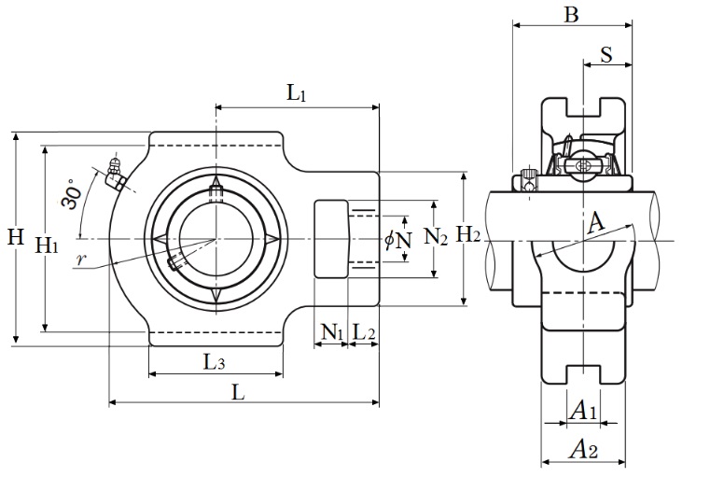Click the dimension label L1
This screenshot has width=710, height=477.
click(x=297, y=92)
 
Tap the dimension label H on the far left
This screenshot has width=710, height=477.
click(x=16, y=237)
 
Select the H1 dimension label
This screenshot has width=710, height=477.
click(x=47, y=246)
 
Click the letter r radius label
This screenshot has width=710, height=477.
click(x=81, y=260)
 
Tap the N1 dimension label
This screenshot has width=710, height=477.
click(x=331, y=330)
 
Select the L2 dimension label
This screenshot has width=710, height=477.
click(x=364, y=330)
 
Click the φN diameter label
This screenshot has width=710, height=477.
click(x=398, y=241)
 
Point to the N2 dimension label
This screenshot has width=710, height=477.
click(x=436, y=236)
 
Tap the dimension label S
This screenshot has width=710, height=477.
click(x=606, y=54)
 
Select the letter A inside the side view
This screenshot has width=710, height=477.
click(x=596, y=222)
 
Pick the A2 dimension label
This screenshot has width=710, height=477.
click(x=583, y=451)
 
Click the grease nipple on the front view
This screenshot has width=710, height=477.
click(x=116, y=175)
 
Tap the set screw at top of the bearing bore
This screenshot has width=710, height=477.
click(x=216, y=194)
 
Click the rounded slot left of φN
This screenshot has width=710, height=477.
click(x=330, y=239)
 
